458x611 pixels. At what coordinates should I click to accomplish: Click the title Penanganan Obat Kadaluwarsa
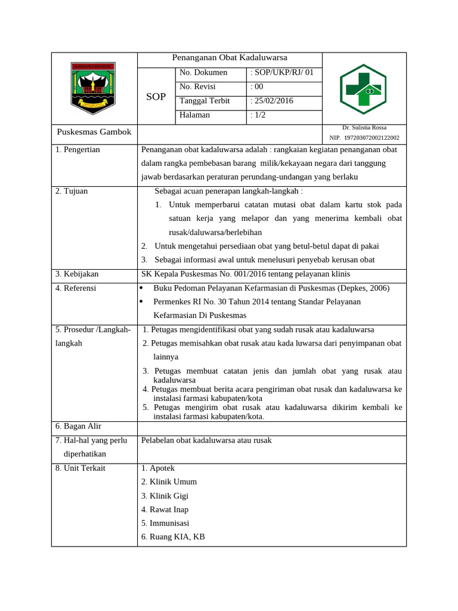(x=230, y=58)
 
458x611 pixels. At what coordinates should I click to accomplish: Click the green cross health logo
(x=363, y=89)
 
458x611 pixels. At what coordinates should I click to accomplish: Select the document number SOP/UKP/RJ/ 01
(x=282, y=73)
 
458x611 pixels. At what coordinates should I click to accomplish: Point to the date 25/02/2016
(x=272, y=101)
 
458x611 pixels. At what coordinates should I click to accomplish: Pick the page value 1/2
(x=259, y=115)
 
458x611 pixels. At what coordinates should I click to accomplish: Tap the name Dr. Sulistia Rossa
(x=364, y=128)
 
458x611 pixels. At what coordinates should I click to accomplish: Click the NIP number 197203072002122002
(x=364, y=138)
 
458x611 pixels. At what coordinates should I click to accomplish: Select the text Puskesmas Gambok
(x=94, y=132)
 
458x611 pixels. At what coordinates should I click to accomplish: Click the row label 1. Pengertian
(x=78, y=150)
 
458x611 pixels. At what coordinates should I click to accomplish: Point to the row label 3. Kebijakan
(x=77, y=274)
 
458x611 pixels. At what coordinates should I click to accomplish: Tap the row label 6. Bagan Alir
(x=78, y=426)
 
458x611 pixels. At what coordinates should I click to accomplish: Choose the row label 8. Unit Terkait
(x=80, y=468)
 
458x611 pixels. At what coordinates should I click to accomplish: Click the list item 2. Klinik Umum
(x=169, y=482)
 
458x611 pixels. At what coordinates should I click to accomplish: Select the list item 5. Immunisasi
(x=169, y=523)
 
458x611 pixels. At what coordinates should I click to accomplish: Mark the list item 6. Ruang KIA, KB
(x=173, y=536)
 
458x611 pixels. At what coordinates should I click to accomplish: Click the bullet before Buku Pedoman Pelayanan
(x=141, y=288)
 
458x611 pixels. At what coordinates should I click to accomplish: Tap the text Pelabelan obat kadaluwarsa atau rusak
(x=206, y=440)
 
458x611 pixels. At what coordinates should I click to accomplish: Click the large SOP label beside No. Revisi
(x=156, y=97)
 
